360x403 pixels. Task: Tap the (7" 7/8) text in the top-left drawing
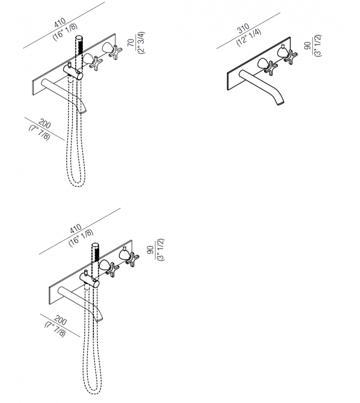click(39, 132)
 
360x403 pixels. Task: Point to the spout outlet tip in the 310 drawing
click(280, 104)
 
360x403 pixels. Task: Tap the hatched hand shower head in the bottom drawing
click(97, 254)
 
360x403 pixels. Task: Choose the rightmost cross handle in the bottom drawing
click(131, 257)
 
